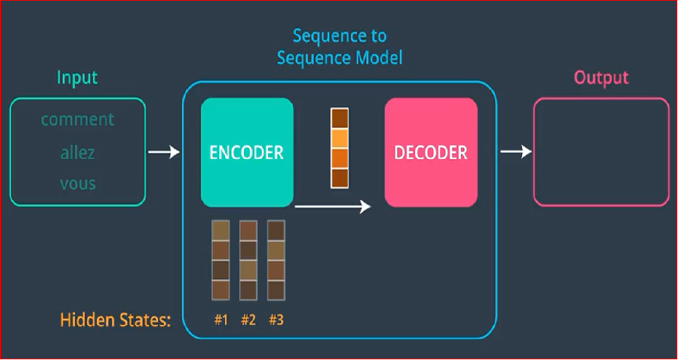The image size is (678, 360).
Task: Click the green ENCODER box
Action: click(x=247, y=153)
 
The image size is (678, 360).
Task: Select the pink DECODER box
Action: click(x=431, y=153)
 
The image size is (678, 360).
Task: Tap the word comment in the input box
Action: click(x=77, y=120)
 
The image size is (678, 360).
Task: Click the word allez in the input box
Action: click(x=77, y=152)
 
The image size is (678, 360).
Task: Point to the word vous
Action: click(x=77, y=183)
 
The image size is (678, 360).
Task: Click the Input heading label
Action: click(x=77, y=77)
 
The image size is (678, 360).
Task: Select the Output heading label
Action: click(x=601, y=77)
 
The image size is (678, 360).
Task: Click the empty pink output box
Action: click(x=601, y=152)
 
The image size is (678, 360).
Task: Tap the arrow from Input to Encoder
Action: click(x=164, y=152)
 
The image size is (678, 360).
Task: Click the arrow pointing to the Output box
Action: click(x=516, y=152)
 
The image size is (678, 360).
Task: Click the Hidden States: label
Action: click(x=115, y=320)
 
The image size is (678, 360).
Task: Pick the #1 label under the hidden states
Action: click(x=221, y=320)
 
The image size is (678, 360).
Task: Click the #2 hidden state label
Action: click(x=248, y=320)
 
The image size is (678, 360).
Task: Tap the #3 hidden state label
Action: click(x=275, y=320)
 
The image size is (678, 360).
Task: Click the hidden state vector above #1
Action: click(x=221, y=260)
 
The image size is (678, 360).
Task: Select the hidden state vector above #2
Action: click(x=248, y=260)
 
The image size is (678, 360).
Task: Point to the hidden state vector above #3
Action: click(x=275, y=260)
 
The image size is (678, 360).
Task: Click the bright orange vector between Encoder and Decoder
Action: click(x=339, y=148)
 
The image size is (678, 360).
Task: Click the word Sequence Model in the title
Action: click(x=339, y=58)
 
